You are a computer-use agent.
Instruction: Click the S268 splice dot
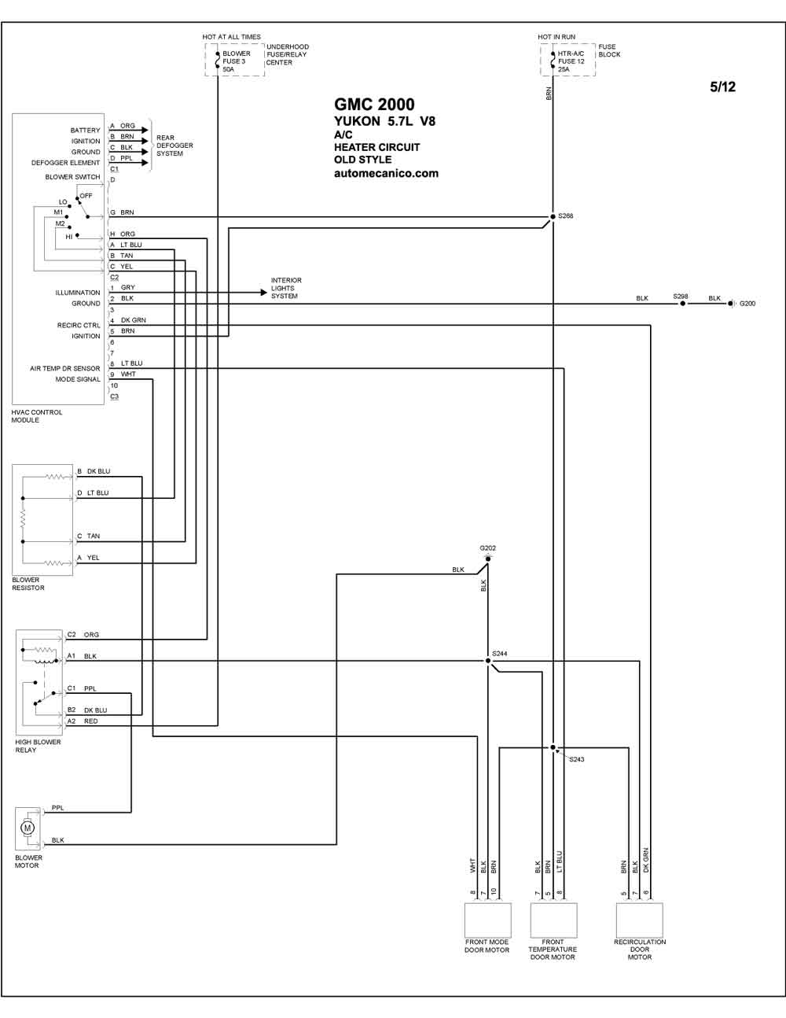pyautogui.click(x=553, y=216)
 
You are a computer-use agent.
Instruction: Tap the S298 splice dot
pyautogui.click(x=682, y=304)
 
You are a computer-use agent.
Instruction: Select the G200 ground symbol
pyautogui.click(x=731, y=304)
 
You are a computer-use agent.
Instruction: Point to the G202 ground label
pyautogui.click(x=487, y=548)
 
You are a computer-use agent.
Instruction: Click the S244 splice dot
pyautogui.click(x=488, y=661)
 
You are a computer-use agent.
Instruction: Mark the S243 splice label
pyautogui.click(x=576, y=759)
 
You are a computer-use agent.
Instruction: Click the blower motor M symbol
pyautogui.click(x=28, y=828)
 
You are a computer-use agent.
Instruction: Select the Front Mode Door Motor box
pyautogui.click(x=487, y=920)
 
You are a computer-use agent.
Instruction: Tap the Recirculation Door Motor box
pyautogui.click(x=640, y=920)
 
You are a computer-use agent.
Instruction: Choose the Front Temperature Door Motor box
pyautogui.click(x=553, y=920)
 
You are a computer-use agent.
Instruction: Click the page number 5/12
pyautogui.click(x=723, y=87)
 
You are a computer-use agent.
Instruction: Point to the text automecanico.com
pyautogui.click(x=386, y=173)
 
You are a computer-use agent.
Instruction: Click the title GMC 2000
pyautogui.click(x=374, y=104)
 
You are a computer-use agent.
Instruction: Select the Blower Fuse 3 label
pyautogui.click(x=237, y=61)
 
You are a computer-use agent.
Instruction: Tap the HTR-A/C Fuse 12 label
pyautogui.click(x=571, y=61)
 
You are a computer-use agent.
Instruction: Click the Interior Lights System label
pyautogui.click(x=286, y=288)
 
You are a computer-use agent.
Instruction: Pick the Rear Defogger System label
pyautogui.click(x=174, y=146)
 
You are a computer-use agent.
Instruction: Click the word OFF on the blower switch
pyautogui.click(x=86, y=196)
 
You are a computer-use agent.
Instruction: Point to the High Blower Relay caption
pyautogui.click(x=38, y=746)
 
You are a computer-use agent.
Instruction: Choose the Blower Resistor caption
pyautogui.click(x=28, y=584)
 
